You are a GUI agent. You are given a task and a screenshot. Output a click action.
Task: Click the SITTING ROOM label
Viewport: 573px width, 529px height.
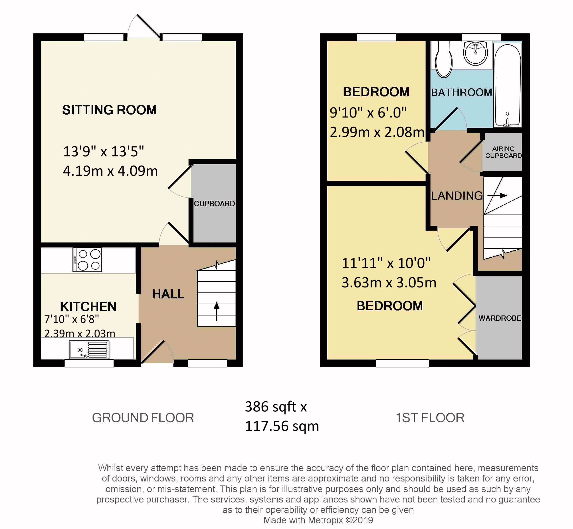(109, 110)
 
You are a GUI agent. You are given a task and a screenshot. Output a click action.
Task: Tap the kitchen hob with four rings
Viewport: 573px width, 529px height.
(87, 260)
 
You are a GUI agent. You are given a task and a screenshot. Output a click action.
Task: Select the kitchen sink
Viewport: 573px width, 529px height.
(89, 350)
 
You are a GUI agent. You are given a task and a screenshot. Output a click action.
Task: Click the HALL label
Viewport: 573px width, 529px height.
(168, 294)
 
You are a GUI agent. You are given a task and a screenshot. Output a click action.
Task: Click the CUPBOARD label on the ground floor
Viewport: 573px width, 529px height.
(214, 204)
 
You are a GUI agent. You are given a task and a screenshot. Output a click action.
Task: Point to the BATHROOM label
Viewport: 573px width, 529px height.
(461, 93)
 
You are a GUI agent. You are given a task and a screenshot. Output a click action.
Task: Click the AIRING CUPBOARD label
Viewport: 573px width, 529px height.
(503, 152)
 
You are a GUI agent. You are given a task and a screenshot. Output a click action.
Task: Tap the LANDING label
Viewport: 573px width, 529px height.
(457, 196)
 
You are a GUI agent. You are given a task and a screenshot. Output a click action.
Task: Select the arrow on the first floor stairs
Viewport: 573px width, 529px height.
(497, 195)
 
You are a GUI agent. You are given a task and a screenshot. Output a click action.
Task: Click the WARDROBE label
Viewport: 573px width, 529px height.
(500, 318)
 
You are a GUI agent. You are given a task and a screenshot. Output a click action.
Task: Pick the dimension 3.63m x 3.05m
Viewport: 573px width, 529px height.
(389, 283)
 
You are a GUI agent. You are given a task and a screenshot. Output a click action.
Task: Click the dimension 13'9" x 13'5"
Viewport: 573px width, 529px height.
(103, 151)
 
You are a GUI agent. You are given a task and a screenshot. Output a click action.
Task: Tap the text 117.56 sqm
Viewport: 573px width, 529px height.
(282, 426)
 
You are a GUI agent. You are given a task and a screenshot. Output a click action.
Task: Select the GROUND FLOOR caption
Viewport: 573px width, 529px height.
(143, 418)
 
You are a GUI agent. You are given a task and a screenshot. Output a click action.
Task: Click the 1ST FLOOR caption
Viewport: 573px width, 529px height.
(430, 418)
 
